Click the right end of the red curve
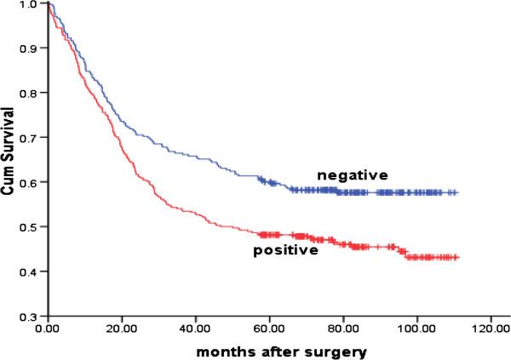click(457, 257)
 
